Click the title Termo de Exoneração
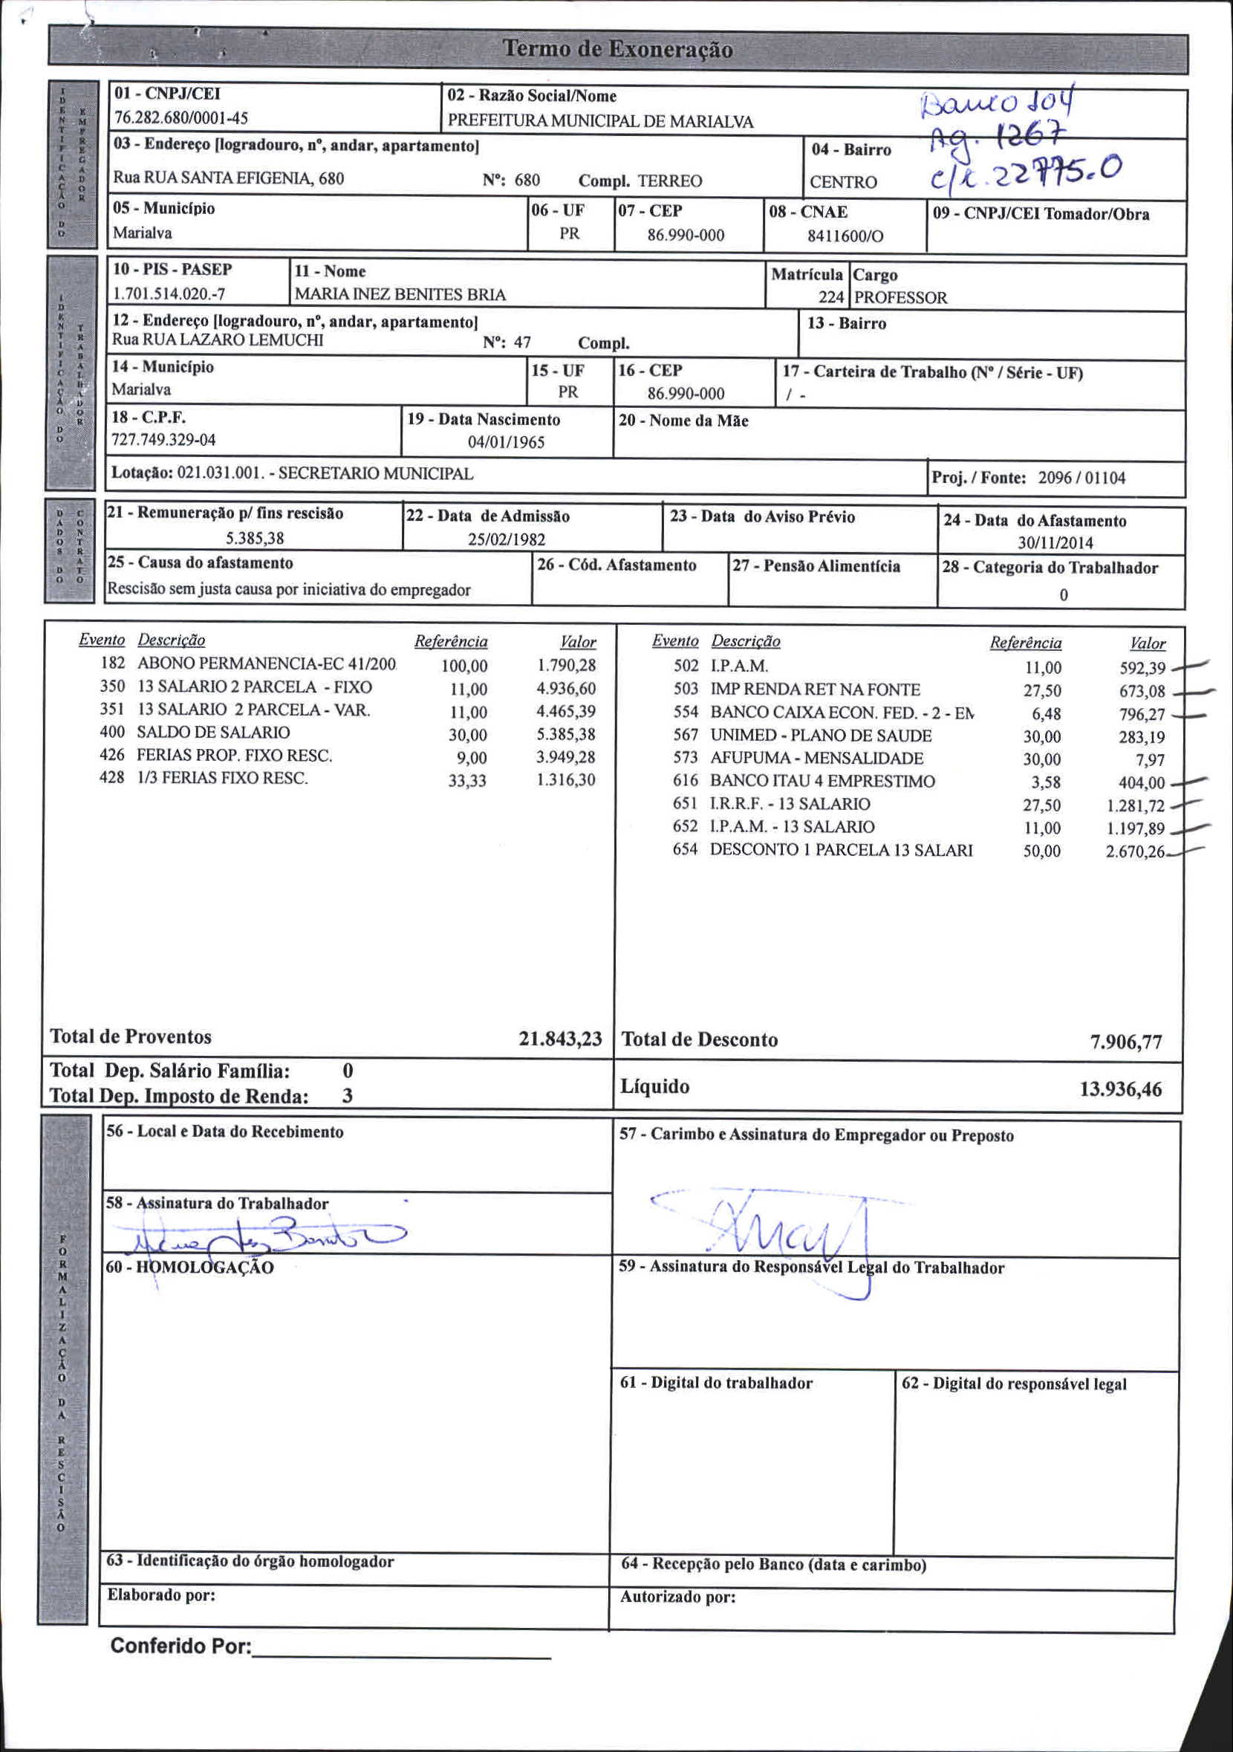[617, 51]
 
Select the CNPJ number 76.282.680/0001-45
[180, 118]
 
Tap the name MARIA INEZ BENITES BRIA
[400, 294]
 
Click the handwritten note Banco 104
[999, 102]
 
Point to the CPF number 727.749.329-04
[163, 441]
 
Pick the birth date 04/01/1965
[506, 443]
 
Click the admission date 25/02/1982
[507, 539]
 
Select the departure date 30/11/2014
[1055, 543]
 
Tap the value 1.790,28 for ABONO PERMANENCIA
[566, 666]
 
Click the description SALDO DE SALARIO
[213, 733]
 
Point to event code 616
[686, 781]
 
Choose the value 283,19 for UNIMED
[1142, 737]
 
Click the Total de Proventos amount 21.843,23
[560, 1039]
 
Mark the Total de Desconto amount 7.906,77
[1125, 1042]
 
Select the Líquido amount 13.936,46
[1120, 1089]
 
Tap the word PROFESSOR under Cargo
[900, 299]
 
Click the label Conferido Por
[180, 1646]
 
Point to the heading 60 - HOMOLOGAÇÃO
[189, 1268]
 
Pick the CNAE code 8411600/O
[845, 236]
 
